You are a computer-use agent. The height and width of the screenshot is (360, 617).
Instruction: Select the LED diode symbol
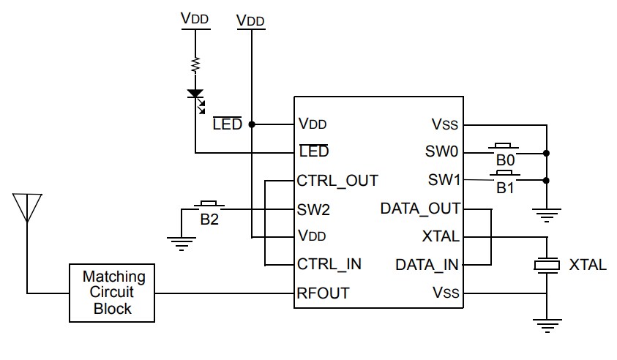(x=195, y=94)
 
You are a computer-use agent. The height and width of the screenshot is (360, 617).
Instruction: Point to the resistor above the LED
(x=195, y=65)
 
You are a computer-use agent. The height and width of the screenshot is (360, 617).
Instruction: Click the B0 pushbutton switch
(x=504, y=149)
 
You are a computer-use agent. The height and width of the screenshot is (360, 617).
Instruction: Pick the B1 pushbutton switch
(x=504, y=176)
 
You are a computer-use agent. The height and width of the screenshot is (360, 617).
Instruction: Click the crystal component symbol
(x=546, y=265)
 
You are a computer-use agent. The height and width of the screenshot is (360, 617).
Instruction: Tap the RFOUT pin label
(x=323, y=293)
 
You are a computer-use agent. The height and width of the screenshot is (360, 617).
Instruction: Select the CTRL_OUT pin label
(x=337, y=180)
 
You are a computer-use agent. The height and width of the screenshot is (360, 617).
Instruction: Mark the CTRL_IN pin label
(x=329, y=264)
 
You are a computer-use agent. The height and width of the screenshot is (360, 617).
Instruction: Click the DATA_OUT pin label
(x=420, y=209)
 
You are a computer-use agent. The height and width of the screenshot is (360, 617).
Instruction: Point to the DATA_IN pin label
(x=427, y=264)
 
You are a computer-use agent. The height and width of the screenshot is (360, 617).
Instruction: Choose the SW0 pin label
(x=441, y=152)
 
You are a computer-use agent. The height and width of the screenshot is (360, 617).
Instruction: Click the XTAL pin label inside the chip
(x=441, y=236)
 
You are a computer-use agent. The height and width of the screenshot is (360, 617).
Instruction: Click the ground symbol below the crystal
(x=546, y=324)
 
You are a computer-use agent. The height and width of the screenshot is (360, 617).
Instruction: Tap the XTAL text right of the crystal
(x=587, y=265)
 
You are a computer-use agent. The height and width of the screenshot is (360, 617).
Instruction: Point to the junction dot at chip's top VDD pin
(x=252, y=124)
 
